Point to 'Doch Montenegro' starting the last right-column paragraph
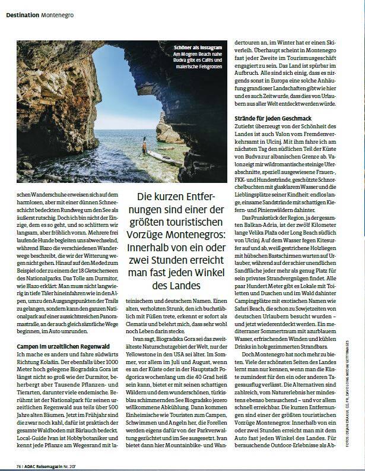click(262, 353)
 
